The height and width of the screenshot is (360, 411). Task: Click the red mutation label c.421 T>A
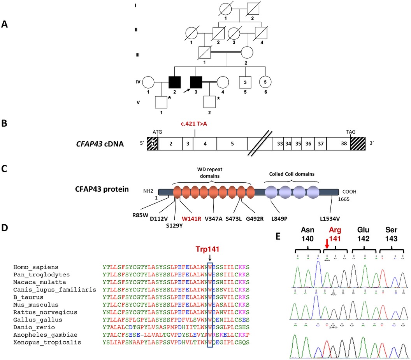point(195,124)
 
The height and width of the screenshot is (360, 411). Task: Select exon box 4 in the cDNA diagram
point(205,143)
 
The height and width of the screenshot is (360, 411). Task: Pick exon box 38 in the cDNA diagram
point(338,143)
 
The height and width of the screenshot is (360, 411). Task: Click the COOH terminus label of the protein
point(350,192)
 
